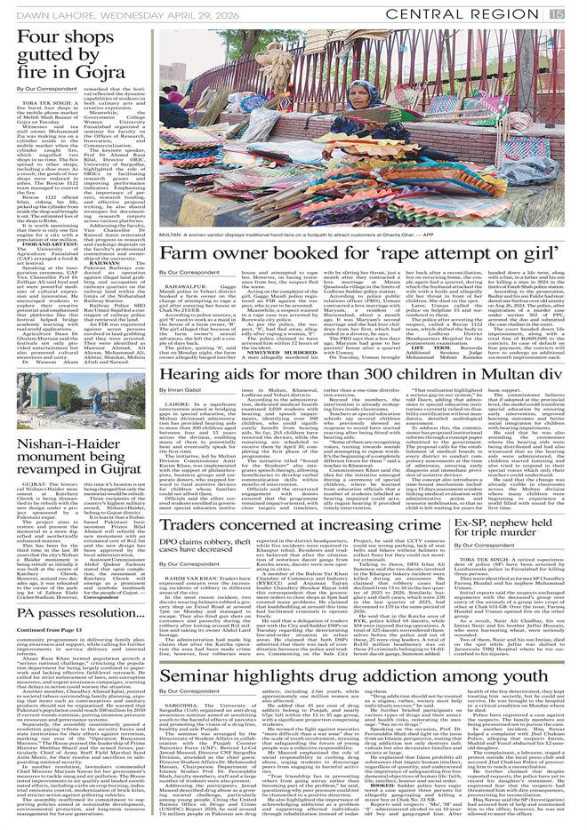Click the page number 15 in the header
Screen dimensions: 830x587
click(577, 12)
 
